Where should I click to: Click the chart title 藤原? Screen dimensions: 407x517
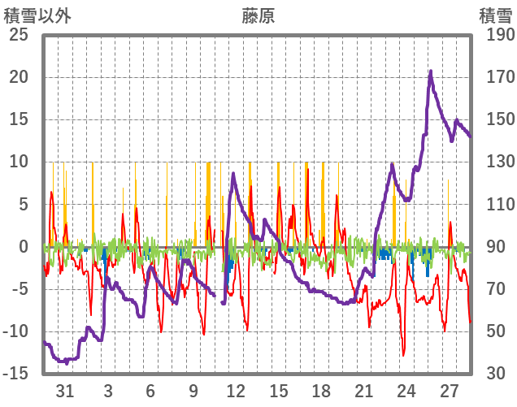click(x=258, y=15)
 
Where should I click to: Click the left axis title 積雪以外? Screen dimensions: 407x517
click(x=33, y=15)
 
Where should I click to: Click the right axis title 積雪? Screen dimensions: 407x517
click(x=494, y=15)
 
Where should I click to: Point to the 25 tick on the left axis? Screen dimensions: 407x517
click(x=18, y=35)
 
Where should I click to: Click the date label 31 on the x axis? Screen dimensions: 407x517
click(x=65, y=390)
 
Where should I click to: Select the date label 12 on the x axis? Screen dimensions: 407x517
click(x=236, y=390)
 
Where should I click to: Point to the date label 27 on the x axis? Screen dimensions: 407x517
click(x=450, y=390)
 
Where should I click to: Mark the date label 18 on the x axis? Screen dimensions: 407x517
click(x=321, y=390)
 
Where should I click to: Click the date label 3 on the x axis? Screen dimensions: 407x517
click(x=108, y=390)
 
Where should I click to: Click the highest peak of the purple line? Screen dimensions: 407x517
click(x=431, y=71)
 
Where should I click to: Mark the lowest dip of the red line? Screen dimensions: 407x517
click(x=403, y=355)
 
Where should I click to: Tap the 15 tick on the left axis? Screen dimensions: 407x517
click(x=18, y=119)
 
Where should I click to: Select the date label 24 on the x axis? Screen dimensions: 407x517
click(x=406, y=390)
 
